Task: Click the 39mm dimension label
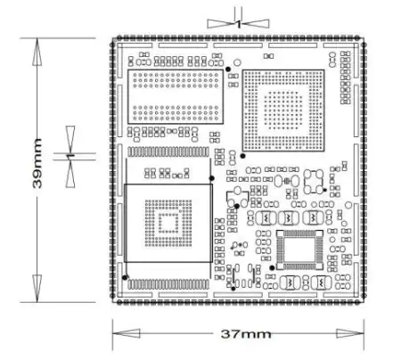[37, 163]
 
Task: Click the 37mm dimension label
[246, 334]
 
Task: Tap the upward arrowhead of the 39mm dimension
[37, 52]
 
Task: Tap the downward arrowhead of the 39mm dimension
[37, 289]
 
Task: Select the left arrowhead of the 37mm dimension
[127, 333]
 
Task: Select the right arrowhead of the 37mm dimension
[350, 333]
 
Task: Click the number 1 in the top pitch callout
[239, 24]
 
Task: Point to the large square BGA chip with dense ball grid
[283, 110]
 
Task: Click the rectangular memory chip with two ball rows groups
[176, 96]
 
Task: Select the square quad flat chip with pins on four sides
[299, 250]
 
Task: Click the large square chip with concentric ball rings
[168, 223]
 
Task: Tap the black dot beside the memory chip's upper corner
[228, 70]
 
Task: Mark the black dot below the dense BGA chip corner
[242, 156]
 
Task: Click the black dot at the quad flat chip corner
[272, 267]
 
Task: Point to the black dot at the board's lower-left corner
[125, 277]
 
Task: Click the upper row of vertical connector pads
[168, 151]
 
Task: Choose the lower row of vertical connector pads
[168, 284]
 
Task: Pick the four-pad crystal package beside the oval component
[314, 182]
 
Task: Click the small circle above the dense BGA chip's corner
[237, 62]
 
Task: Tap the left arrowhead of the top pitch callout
[221, 24]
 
